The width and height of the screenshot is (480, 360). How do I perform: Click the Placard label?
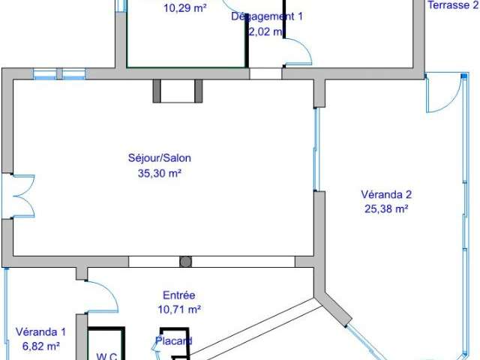174,341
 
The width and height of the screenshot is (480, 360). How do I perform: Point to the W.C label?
106,355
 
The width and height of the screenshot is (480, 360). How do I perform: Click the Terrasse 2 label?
452,4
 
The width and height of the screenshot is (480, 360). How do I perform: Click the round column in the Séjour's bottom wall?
185,262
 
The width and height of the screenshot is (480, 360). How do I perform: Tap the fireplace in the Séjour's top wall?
178,91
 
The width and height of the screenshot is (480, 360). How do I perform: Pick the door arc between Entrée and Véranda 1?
103,297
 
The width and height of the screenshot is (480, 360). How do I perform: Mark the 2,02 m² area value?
266,31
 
